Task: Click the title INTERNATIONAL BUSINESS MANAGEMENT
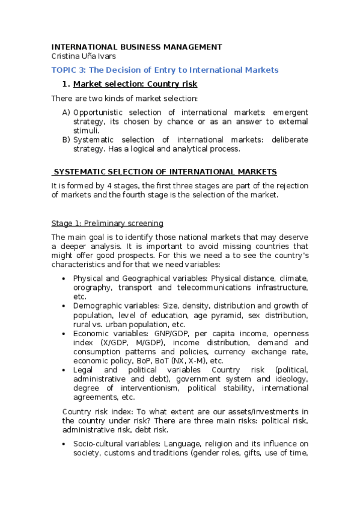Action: (x=136, y=47)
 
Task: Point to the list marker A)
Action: (x=66, y=112)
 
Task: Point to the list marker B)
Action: (x=66, y=140)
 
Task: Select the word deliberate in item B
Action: (x=289, y=140)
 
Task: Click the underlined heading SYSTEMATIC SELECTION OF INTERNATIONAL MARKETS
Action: (x=165, y=171)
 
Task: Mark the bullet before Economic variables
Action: (x=64, y=333)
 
